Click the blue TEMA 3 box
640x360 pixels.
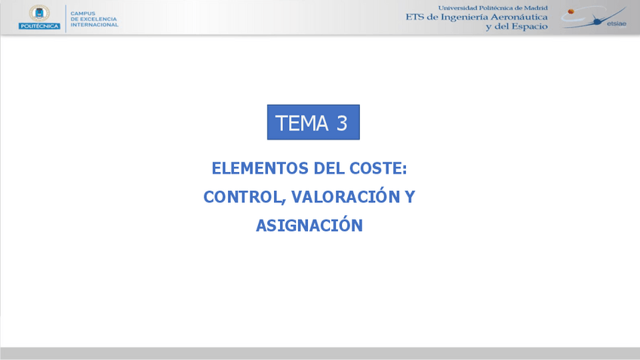[x=313, y=122]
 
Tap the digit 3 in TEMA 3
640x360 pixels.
[x=342, y=123]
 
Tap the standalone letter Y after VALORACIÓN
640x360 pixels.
[x=410, y=197]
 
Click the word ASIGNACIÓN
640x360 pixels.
[x=309, y=225]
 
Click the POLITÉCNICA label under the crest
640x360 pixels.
[x=39, y=26]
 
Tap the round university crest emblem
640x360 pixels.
[x=39, y=12]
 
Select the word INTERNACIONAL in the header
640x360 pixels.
[x=94, y=25]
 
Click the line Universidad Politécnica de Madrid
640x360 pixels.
[x=493, y=8]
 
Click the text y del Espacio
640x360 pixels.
[x=516, y=26]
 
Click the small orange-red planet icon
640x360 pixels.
[x=571, y=11]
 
